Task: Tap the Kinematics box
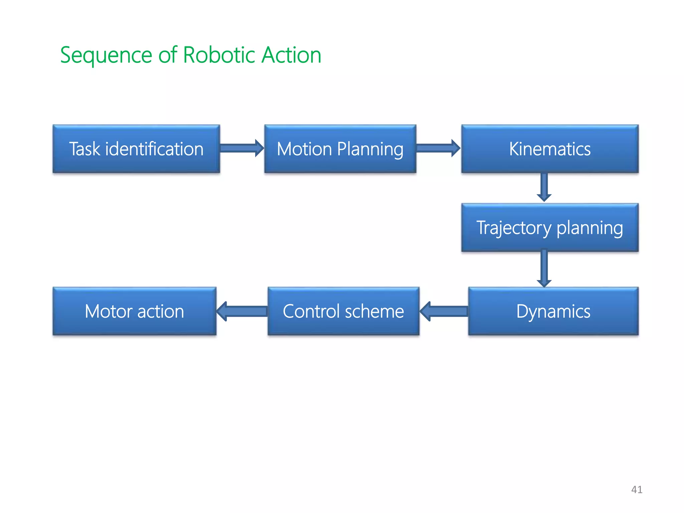point(550,149)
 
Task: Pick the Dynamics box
point(553,311)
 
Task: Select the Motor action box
point(134,311)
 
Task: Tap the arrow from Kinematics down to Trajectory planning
point(544,187)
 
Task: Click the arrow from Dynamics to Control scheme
point(444,311)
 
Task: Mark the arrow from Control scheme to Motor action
point(242,311)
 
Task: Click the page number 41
point(637,490)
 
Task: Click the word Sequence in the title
point(106,55)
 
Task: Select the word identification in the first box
point(154,149)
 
